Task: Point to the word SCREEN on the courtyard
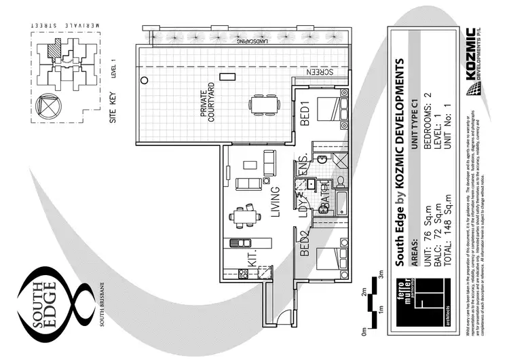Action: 321,71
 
